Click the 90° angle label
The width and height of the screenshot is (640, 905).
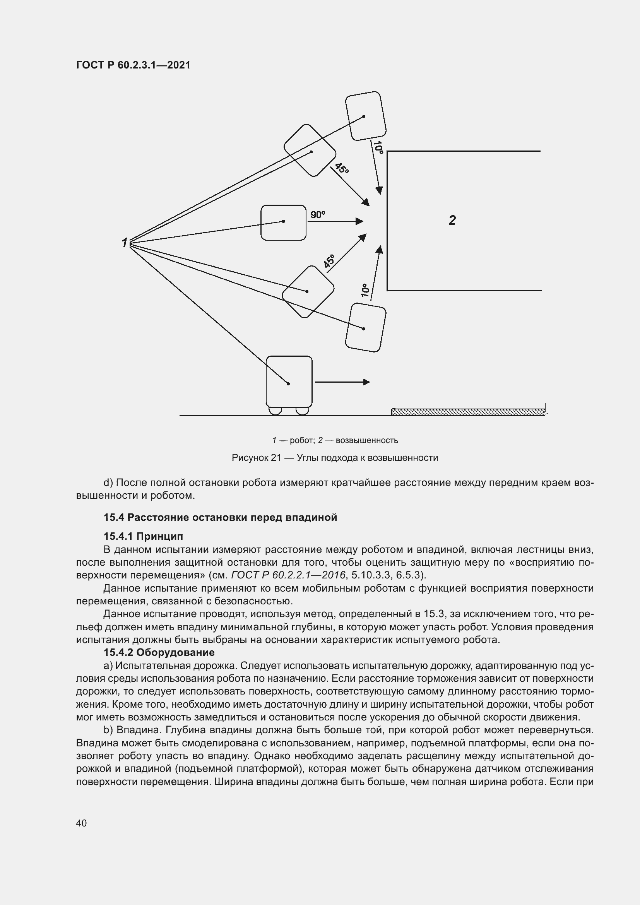click(318, 215)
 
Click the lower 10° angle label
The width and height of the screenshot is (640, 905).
click(365, 290)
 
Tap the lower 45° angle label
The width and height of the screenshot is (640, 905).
click(329, 261)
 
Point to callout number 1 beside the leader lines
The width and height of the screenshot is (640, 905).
click(125, 243)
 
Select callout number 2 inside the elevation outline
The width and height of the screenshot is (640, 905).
click(452, 220)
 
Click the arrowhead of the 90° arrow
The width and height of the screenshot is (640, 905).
click(359, 221)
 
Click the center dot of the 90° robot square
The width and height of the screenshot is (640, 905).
click(283, 222)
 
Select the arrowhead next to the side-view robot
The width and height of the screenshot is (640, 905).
click(366, 382)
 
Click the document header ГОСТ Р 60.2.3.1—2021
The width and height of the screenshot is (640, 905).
click(133, 65)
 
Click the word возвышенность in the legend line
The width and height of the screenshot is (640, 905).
click(366, 440)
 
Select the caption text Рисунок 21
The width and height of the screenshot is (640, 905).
click(256, 458)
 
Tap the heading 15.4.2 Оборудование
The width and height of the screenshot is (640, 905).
click(159, 652)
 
